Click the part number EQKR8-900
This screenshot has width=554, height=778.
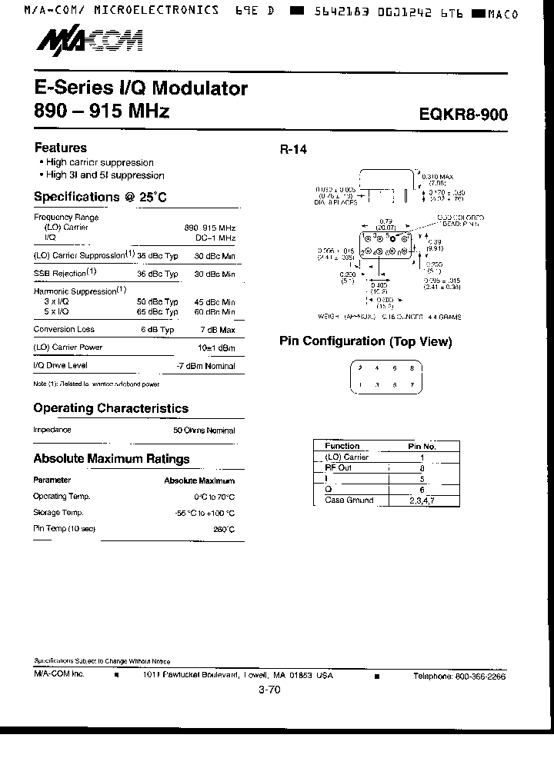coord(464,115)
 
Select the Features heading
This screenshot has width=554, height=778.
coord(61,148)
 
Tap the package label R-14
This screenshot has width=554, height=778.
coord(293,150)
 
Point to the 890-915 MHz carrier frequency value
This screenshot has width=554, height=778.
coord(210,228)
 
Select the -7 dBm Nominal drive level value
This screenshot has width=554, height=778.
coord(205,366)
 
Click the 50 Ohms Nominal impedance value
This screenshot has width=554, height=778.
coord(204,431)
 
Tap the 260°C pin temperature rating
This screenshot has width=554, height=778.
coord(224,530)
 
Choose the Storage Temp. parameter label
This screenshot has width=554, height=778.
coord(58,513)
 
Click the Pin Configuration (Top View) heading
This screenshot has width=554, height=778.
coord(365,341)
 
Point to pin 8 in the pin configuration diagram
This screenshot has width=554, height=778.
coord(412,368)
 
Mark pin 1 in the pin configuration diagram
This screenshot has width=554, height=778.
coord(361,385)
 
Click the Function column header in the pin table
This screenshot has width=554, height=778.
coord(342,446)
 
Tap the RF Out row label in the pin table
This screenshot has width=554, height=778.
coord(338,467)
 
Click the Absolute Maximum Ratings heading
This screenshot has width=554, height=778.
coord(112,459)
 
